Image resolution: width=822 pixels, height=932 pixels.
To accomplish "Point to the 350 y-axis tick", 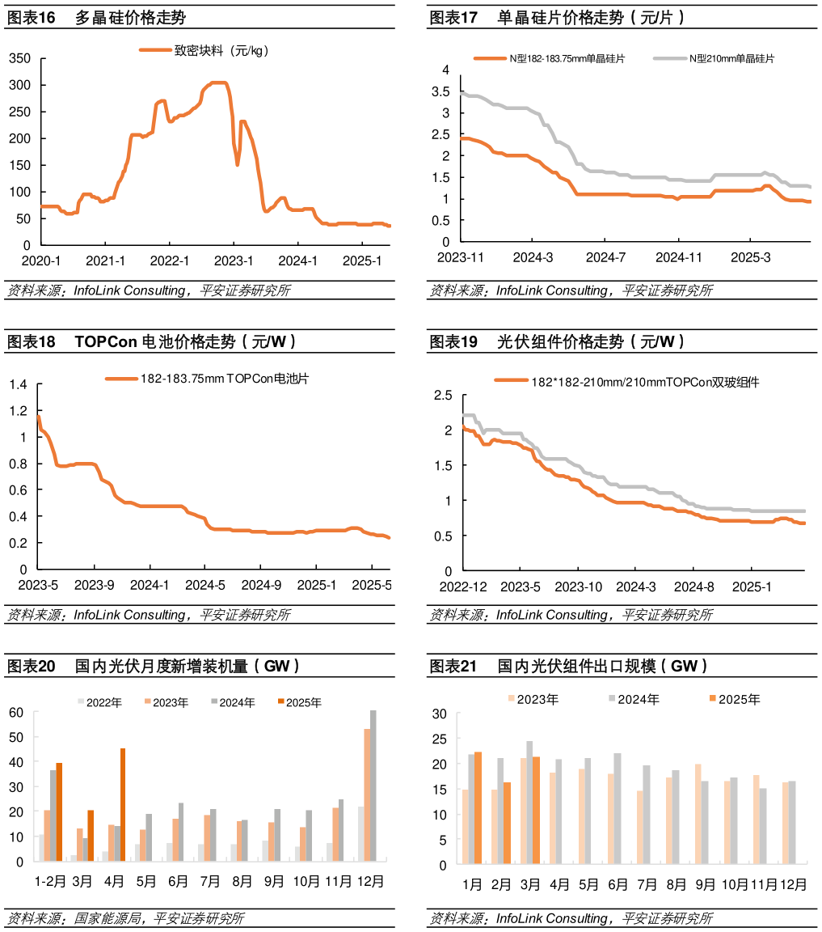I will (x=20, y=58).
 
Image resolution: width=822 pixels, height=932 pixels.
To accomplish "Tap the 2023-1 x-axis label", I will (x=234, y=261).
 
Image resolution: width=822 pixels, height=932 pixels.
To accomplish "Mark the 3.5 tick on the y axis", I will (x=441, y=91).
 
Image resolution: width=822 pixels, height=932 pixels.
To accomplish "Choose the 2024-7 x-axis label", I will (x=605, y=257).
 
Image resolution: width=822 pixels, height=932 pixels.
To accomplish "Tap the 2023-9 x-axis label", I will (x=95, y=585).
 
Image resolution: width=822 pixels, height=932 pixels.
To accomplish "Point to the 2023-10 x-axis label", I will (x=578, y=586).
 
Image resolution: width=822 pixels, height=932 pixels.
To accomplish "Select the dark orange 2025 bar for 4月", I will (x=123, y=804).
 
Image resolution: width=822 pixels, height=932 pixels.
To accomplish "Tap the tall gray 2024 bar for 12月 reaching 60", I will (x=373, y=786).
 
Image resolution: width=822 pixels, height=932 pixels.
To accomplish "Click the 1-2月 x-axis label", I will (x=49, y=881).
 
